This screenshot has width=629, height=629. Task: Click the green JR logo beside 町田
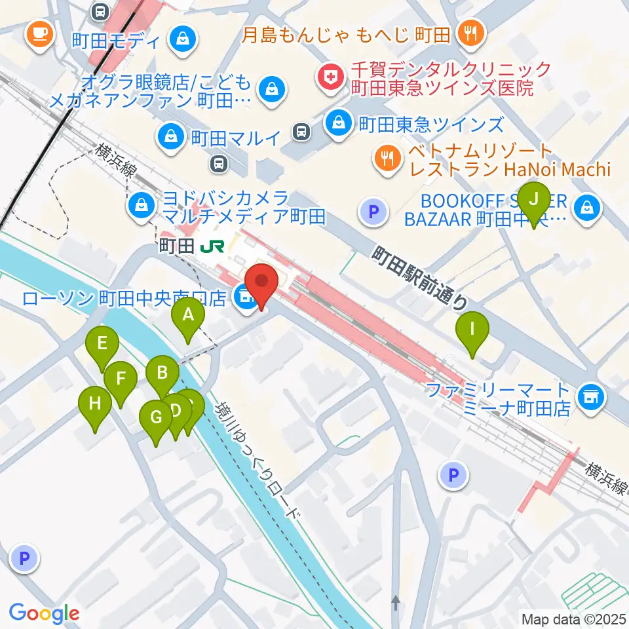tap(213, 246)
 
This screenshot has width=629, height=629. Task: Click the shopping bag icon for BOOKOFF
tap(582, 208)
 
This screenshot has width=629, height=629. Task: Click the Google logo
tap(45, 613)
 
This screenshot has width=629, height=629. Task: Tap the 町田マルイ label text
tap(235, 138)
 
